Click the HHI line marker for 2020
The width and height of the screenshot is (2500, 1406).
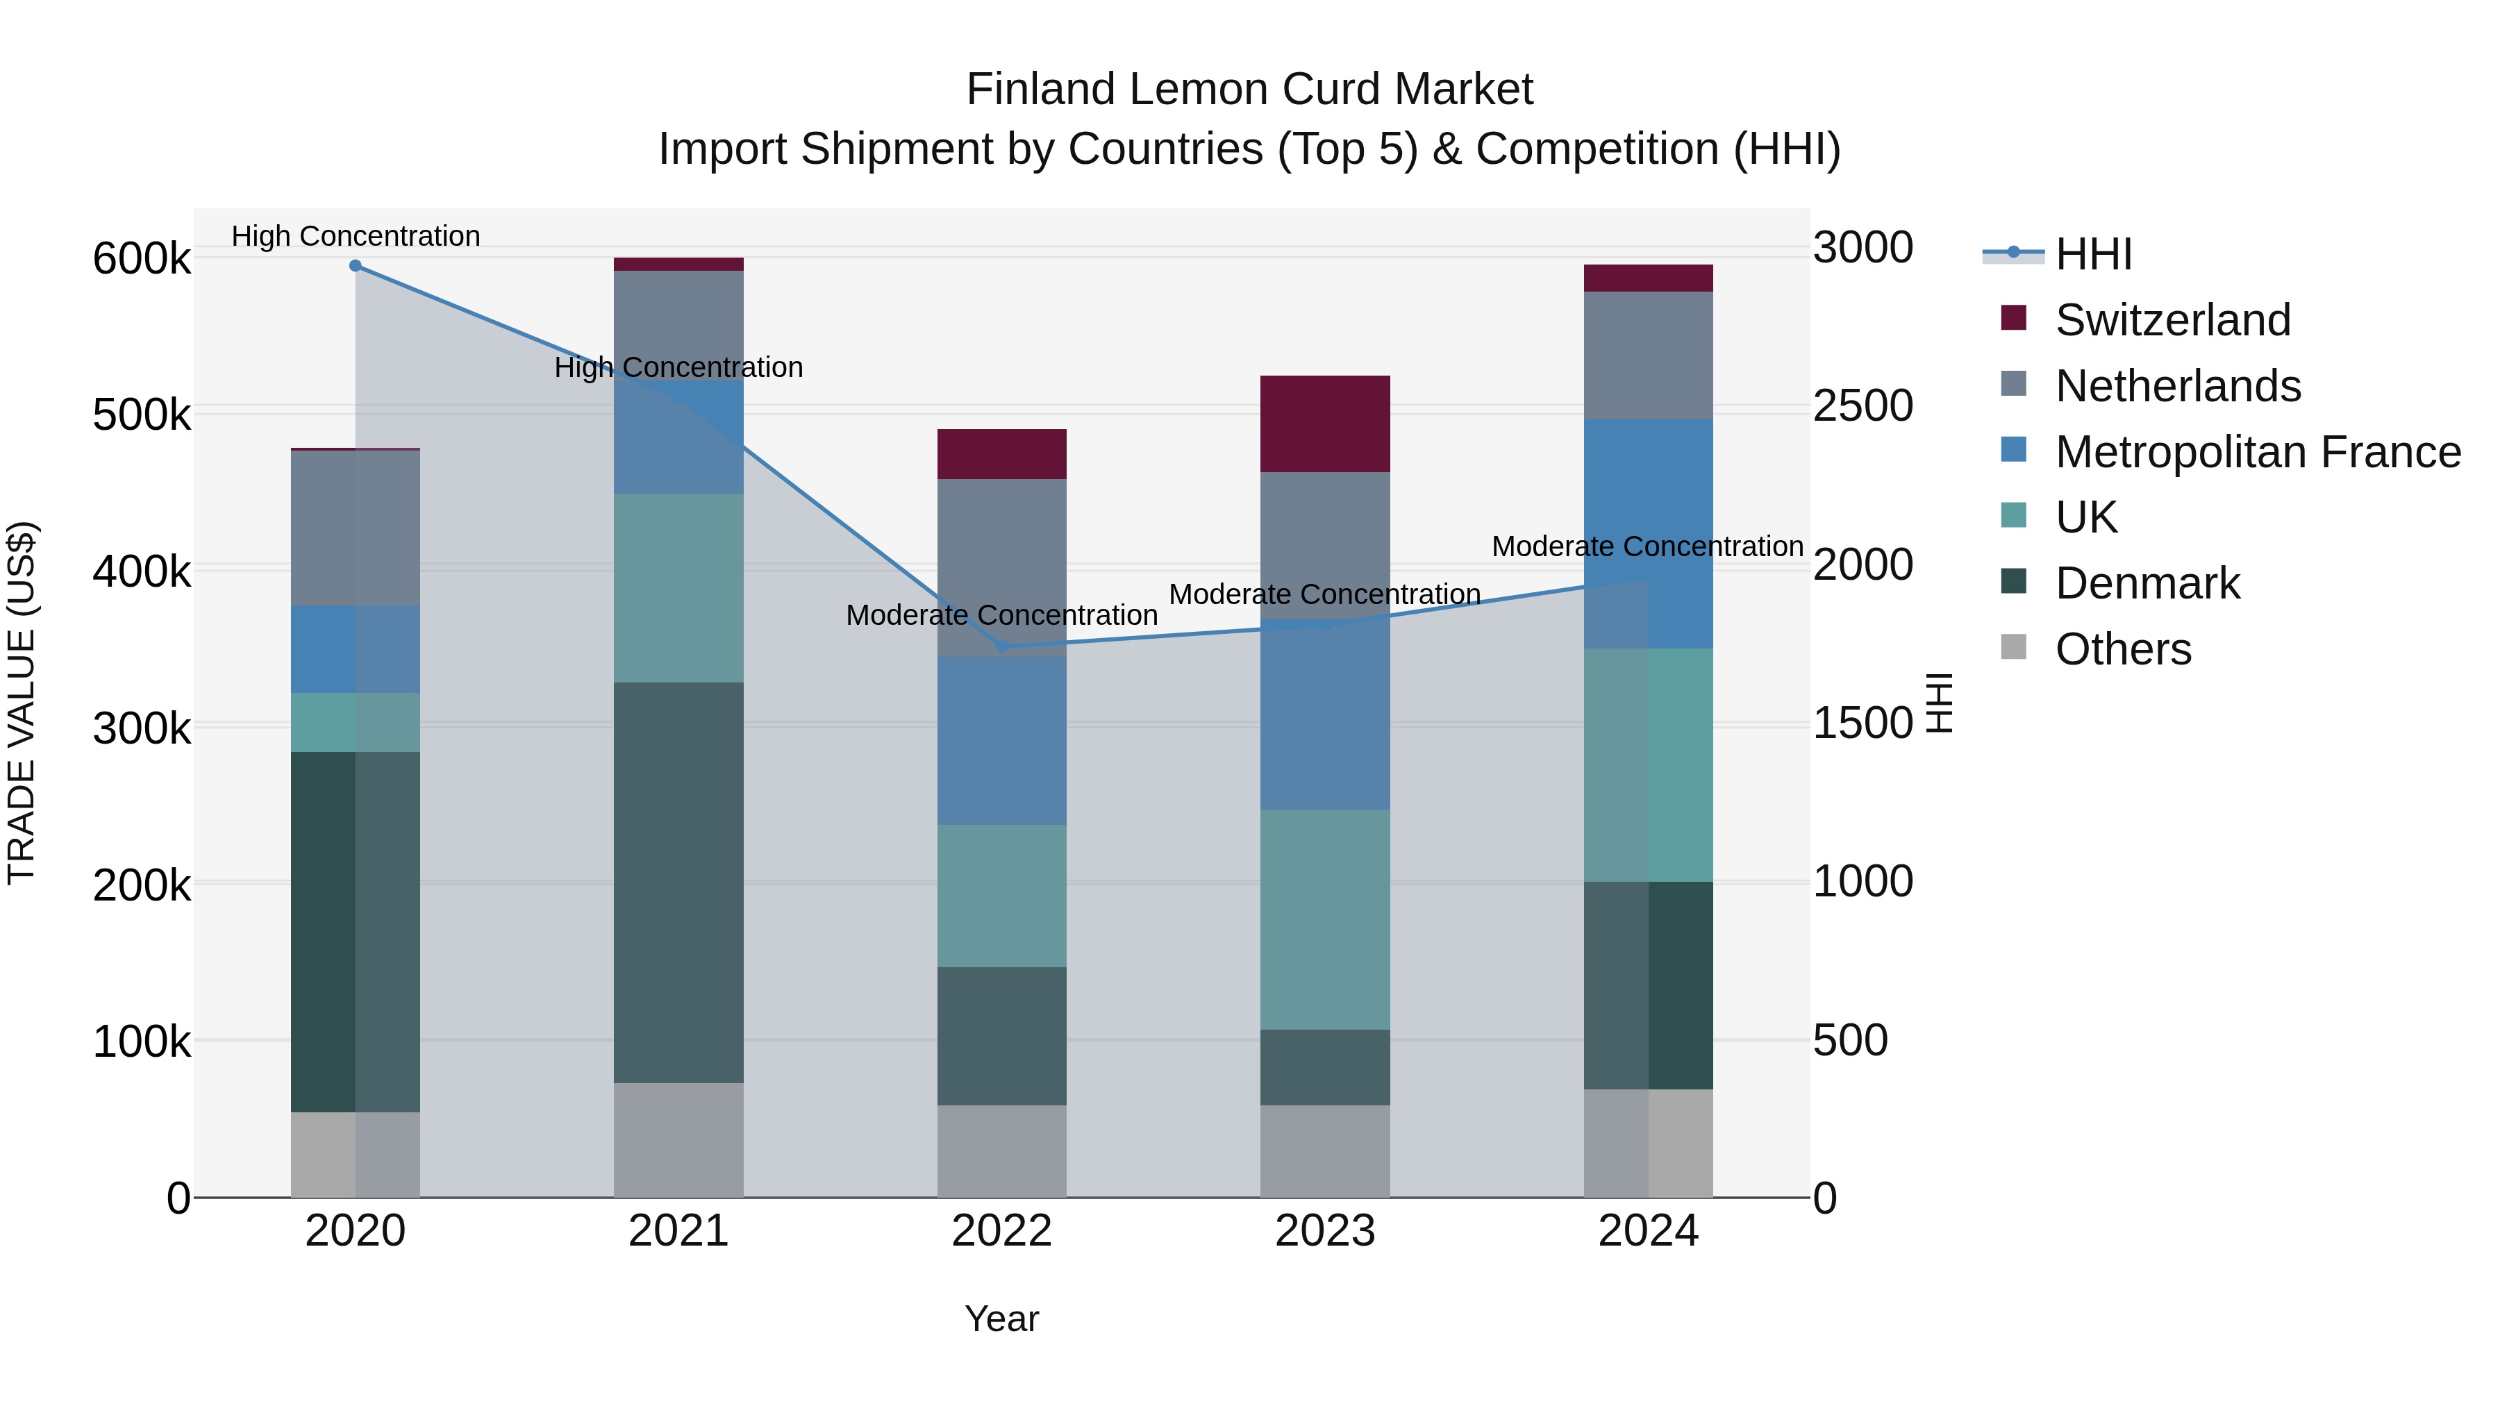[355, 266]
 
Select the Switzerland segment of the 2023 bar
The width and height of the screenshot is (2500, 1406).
[1325, 424]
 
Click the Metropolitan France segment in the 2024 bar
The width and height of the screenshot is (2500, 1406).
[1648, 534]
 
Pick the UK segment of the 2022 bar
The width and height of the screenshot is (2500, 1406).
[1001, 896]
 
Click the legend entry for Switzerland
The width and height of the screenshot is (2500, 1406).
[2172, 320]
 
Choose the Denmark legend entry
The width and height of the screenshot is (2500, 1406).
[2147, 583]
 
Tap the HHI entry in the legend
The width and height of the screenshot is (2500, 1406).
[2093, 254]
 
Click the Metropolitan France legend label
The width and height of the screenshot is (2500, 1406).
[2258, 452]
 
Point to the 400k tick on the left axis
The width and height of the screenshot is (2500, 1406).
[142, 571]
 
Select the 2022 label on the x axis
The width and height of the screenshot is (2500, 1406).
[1001, 1231]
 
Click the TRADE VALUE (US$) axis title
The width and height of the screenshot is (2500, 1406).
[22, 703]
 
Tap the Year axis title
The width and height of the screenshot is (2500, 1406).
[1001, 1319]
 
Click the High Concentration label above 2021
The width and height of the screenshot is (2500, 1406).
[678, 368]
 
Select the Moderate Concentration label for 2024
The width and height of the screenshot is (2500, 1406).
[1647, 546]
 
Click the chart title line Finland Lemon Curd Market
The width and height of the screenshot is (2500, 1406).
[1249, 90]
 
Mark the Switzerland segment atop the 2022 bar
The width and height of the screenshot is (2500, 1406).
[1001, 454]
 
